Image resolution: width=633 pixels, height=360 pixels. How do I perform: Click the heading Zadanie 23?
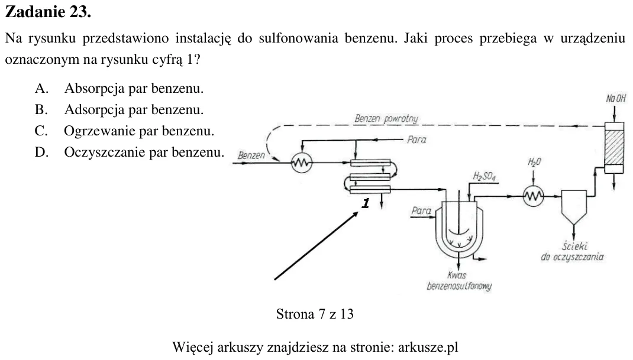(x=48, y=12)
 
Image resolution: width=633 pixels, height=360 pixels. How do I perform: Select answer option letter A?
(x=41, y=88)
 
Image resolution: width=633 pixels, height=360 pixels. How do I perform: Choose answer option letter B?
(x=41, y=109)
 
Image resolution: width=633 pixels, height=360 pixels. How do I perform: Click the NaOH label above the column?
(x=616, y=98)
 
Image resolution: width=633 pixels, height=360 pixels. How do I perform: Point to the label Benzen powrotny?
(x=386, y=118)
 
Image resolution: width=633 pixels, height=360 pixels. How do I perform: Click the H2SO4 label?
(x=485, y=176)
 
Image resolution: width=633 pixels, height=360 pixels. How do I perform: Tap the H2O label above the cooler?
(x=534, y=162)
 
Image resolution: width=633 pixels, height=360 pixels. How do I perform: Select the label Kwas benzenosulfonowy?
(x=459, y=281)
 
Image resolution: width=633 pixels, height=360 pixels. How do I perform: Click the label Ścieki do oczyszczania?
(x=573, y=251)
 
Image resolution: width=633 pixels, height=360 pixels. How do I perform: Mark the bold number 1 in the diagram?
(x=366, y=203)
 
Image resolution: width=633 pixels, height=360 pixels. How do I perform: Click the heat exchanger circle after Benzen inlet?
(x=302, y=163)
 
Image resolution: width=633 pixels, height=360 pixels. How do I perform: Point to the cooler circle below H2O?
(x=533, y=196)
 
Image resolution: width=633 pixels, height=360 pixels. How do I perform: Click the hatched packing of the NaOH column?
(x=614, y=147)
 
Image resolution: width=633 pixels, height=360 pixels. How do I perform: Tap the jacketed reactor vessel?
(x=459, y=228)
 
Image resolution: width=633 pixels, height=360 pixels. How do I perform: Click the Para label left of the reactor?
(x=421, y=210)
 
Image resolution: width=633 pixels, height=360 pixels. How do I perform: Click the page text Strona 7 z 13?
(x=315, y=314)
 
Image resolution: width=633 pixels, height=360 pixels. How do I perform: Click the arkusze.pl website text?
(x=428, y=347)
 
